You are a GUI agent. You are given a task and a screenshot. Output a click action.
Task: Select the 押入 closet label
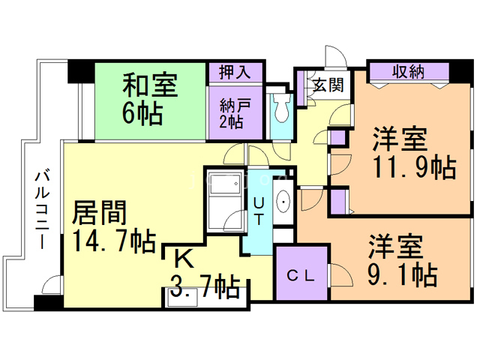(x=235, y=73)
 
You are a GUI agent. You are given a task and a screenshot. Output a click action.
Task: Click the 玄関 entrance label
(x=328, y=84)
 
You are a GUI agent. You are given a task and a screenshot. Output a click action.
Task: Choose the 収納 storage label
(x=408, y=72)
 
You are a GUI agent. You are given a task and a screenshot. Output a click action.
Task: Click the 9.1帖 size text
(x=402, y=275)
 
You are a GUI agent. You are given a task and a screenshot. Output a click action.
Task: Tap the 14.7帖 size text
(x=114, y=241)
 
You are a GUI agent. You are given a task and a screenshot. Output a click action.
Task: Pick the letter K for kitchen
(x=182, y=259)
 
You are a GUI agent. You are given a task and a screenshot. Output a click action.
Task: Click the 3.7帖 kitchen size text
(x=205, y=285)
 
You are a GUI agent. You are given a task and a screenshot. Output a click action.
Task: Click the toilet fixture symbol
(x=281, y=109)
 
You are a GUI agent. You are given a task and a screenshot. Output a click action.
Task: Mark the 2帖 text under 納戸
(x=231, y=121)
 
